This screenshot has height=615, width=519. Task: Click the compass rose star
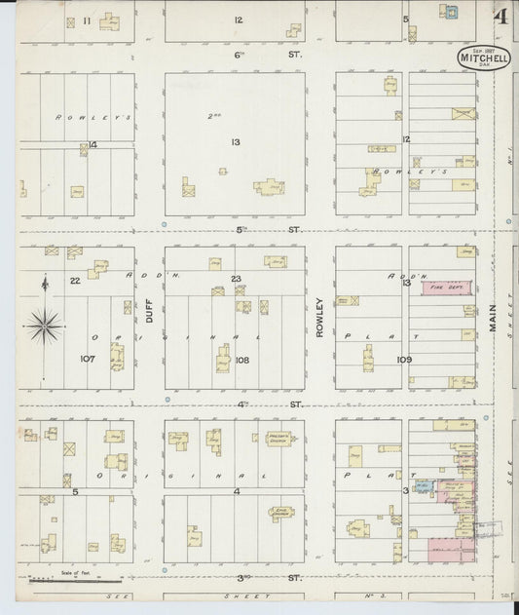pyautogui.click(x=45, y=325)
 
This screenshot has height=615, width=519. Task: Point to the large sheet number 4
pyautogui.click(x=500, y=17)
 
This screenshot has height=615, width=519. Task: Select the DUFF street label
pyautogui.click(x=150, y=311)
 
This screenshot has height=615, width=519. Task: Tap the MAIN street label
pyautogui.click(x=493, y=314)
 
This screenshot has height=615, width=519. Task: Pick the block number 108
pyautogui.click(x=241, y=360)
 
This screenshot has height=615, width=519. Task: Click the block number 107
pyautogui.click(x=87, y=360)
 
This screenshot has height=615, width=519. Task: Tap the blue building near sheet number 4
pyautogui.click(x=451, y=13)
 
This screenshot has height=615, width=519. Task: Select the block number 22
pyautogui.click(x=74, y=281)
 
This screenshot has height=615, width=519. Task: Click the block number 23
pyautogui.click(x=236, y=280)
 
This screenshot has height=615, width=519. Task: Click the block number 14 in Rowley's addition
pyautogui.click(x=93, y=145)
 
